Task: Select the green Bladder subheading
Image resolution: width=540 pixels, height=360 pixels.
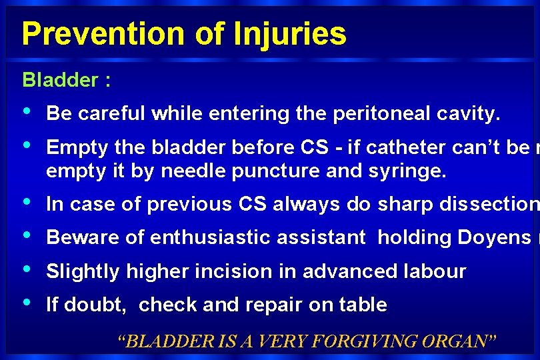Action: [x=61, y=81]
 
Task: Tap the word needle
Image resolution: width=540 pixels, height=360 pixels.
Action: [x=194, y=171]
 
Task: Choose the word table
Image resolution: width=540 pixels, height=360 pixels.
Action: [x=362, y=305]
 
